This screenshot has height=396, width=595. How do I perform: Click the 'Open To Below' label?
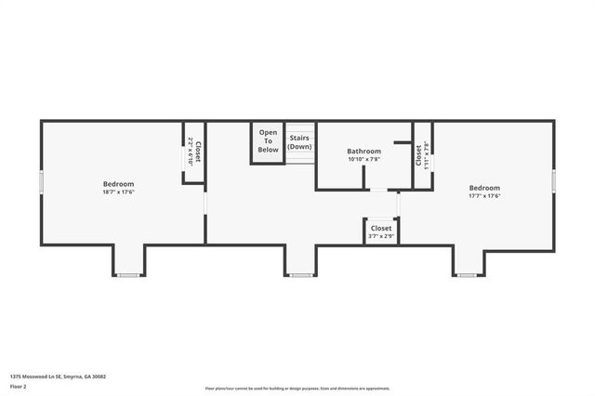coord(268,140)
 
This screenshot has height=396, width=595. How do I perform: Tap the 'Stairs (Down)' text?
coord(299,141)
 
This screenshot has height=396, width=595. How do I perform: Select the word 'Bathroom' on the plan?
coord(364,151)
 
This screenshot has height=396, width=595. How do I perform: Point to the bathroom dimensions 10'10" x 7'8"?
coord(364,160)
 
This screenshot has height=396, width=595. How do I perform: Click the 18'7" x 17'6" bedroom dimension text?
coord(118,192)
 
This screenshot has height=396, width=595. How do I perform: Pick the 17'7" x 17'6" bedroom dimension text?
coord(484,196)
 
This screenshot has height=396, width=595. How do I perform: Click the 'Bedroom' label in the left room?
coord(118,184)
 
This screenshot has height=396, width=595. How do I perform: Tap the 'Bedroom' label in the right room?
coord(484,188)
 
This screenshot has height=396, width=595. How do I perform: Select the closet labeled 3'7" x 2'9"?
coord(381,231)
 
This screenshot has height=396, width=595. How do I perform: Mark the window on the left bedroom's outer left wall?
coord(41,182)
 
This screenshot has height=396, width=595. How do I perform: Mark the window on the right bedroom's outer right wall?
coord(554,181)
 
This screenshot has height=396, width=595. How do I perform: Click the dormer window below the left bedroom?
coord(129,275)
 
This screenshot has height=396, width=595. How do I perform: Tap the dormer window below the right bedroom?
coord(468,275)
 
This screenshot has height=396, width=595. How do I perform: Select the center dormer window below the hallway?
coord(299,275)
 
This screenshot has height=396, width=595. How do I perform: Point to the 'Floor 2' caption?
coord(18,386)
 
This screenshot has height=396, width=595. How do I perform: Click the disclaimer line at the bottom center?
coord(297,389)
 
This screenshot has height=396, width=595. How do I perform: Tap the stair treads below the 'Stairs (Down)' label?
coord(299,158)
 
